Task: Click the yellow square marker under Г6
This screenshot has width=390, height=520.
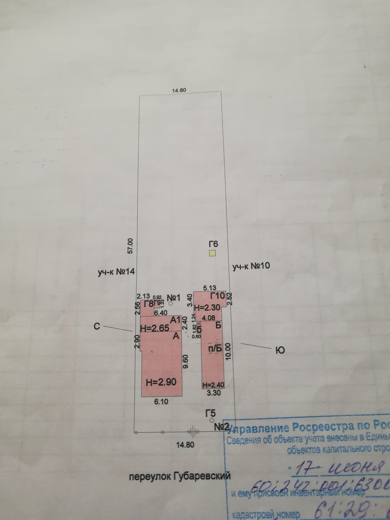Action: click(212, 253)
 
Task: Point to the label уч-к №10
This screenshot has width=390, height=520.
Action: click(251, 266)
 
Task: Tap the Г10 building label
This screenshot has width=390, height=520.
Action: click(218, 296)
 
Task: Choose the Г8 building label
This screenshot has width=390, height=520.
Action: click(149, 304)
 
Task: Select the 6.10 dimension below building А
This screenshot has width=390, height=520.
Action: click(161, 401)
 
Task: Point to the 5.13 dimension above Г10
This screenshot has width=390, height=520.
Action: click(210, 288)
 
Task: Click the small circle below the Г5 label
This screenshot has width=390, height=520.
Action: click(212, 420)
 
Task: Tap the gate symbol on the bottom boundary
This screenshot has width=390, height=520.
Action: click(193, 432)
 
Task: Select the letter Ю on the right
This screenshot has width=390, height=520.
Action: click(280, 350)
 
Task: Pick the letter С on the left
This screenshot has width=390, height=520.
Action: click(97, 327)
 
